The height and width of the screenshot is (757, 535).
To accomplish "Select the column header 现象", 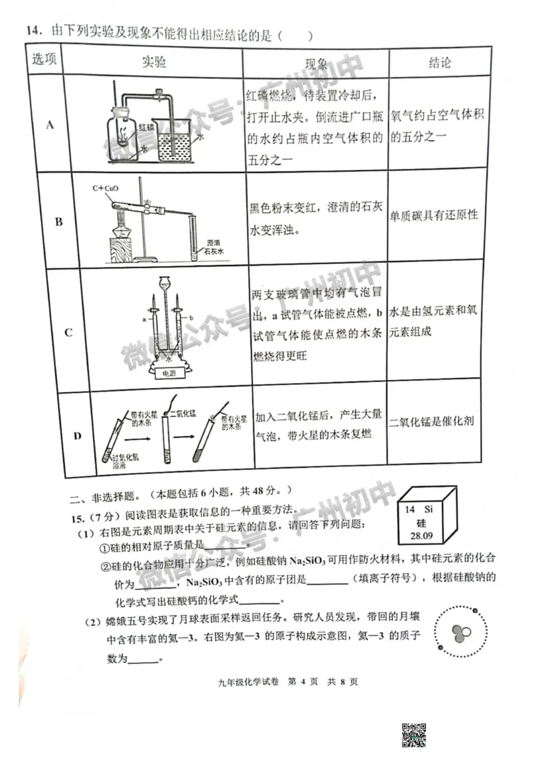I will click(316, 64).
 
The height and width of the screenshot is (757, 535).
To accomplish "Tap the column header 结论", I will click(439, 63).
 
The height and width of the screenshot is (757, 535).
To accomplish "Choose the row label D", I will click(77, 436).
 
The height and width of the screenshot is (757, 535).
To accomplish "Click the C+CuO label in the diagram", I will click(106, 189).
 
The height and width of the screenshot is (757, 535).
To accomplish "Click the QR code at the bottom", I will click(415, 734).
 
